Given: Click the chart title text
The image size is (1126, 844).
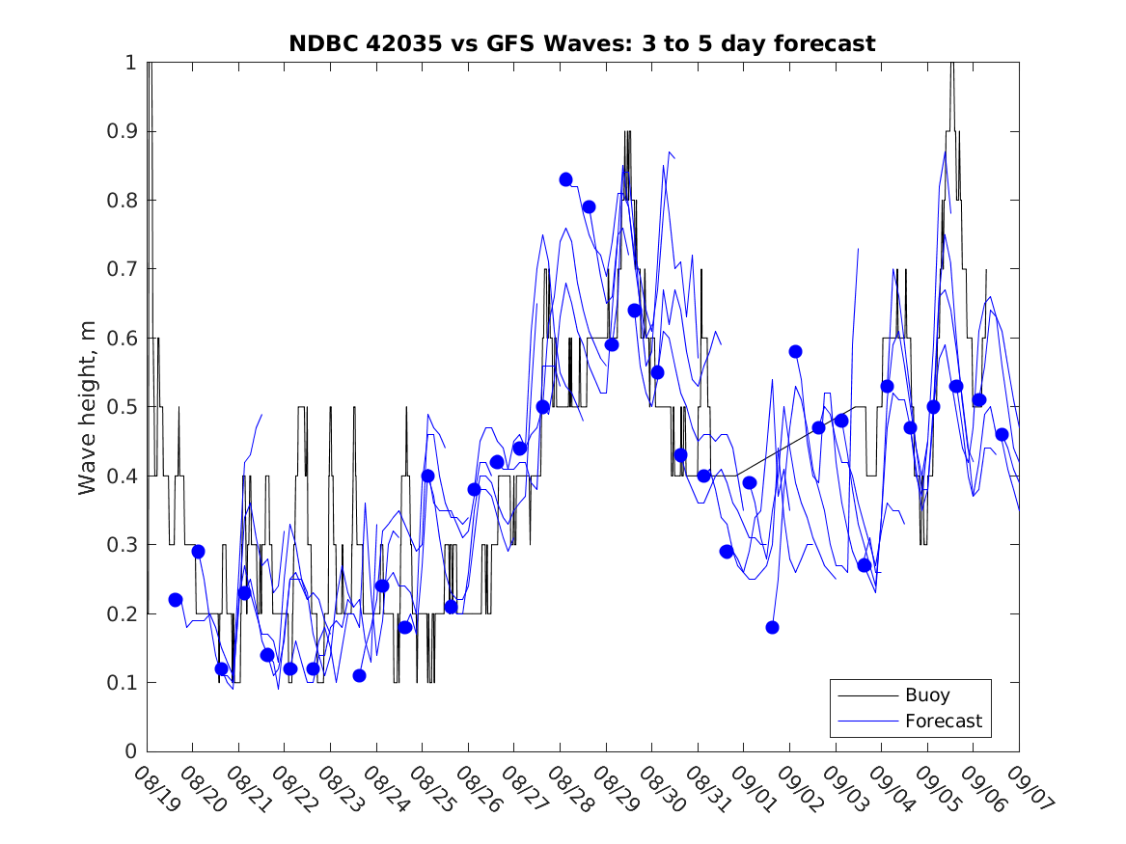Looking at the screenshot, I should pyautogui.click(x=582, y=43).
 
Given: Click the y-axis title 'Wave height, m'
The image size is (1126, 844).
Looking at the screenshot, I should pyautogui.click(x=88, y=408).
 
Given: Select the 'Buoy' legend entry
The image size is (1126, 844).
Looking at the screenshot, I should pyautogui.click(x=926, y=694).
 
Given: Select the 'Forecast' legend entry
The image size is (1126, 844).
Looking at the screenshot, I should pyautogui.click(x=943, y=721).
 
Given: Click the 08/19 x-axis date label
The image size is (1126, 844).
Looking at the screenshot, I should pyautogui.click(x=151, y=787).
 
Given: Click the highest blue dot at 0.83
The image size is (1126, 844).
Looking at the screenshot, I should pyautogui.click(x=565, y=179).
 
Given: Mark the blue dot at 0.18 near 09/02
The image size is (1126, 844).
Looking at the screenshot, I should pyautogui.click(x=772, y=627).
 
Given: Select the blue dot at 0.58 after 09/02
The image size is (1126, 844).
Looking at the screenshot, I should pyautogui.click(x=795, y=351).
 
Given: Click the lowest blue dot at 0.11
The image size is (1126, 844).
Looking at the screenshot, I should pyautogui.click(x=359, y=675).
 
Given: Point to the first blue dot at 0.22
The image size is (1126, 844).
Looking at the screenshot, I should pyautogui.click(x=175, y=600).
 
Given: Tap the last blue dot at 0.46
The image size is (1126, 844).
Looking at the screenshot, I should pyautogui.click(x=1002, y=434).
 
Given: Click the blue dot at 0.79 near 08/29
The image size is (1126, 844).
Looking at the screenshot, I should pyautogui.click(x=589, y=206).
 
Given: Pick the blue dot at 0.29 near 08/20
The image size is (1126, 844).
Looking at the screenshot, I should pyautogui.click(x=198, y=552).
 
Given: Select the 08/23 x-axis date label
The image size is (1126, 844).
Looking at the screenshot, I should pyautogui.click(x=335, y=787).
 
